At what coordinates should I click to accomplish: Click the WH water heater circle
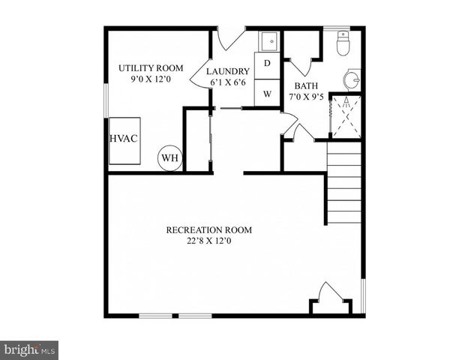169,158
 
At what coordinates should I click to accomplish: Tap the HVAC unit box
124,140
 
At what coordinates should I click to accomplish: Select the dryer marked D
267,64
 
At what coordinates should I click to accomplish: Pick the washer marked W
267,94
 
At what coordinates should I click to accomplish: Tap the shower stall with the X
346,116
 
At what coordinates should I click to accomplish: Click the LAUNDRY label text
228,71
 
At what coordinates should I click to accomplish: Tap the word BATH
305,85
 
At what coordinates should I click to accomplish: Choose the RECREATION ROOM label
208,229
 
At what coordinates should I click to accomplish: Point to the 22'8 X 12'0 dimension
208,241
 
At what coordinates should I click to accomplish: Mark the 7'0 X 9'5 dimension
307,97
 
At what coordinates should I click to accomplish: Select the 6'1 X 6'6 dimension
228,82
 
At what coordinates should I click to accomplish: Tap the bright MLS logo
29,349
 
